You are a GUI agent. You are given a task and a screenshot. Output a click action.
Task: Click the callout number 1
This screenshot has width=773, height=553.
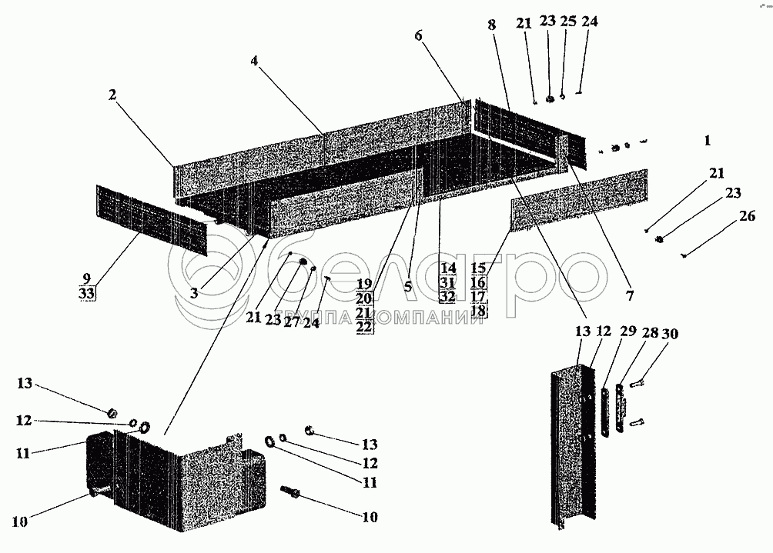pos(707,141)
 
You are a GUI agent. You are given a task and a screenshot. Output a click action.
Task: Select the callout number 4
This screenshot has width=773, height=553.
pos(253,61)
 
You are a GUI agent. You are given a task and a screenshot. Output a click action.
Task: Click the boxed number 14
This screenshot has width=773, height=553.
pos(448,268)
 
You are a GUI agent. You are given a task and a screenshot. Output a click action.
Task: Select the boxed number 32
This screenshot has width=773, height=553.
pos(448,295)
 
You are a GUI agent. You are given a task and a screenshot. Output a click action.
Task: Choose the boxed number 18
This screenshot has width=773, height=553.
pos(477,310)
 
